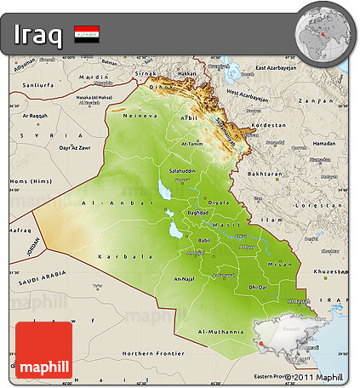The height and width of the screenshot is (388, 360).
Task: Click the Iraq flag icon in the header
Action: coord(86,35)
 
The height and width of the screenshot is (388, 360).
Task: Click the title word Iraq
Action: coord(38,35)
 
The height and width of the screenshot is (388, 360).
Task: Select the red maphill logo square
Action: coord(43,350)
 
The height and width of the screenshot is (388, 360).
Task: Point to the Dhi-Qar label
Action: coord(258,288)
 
